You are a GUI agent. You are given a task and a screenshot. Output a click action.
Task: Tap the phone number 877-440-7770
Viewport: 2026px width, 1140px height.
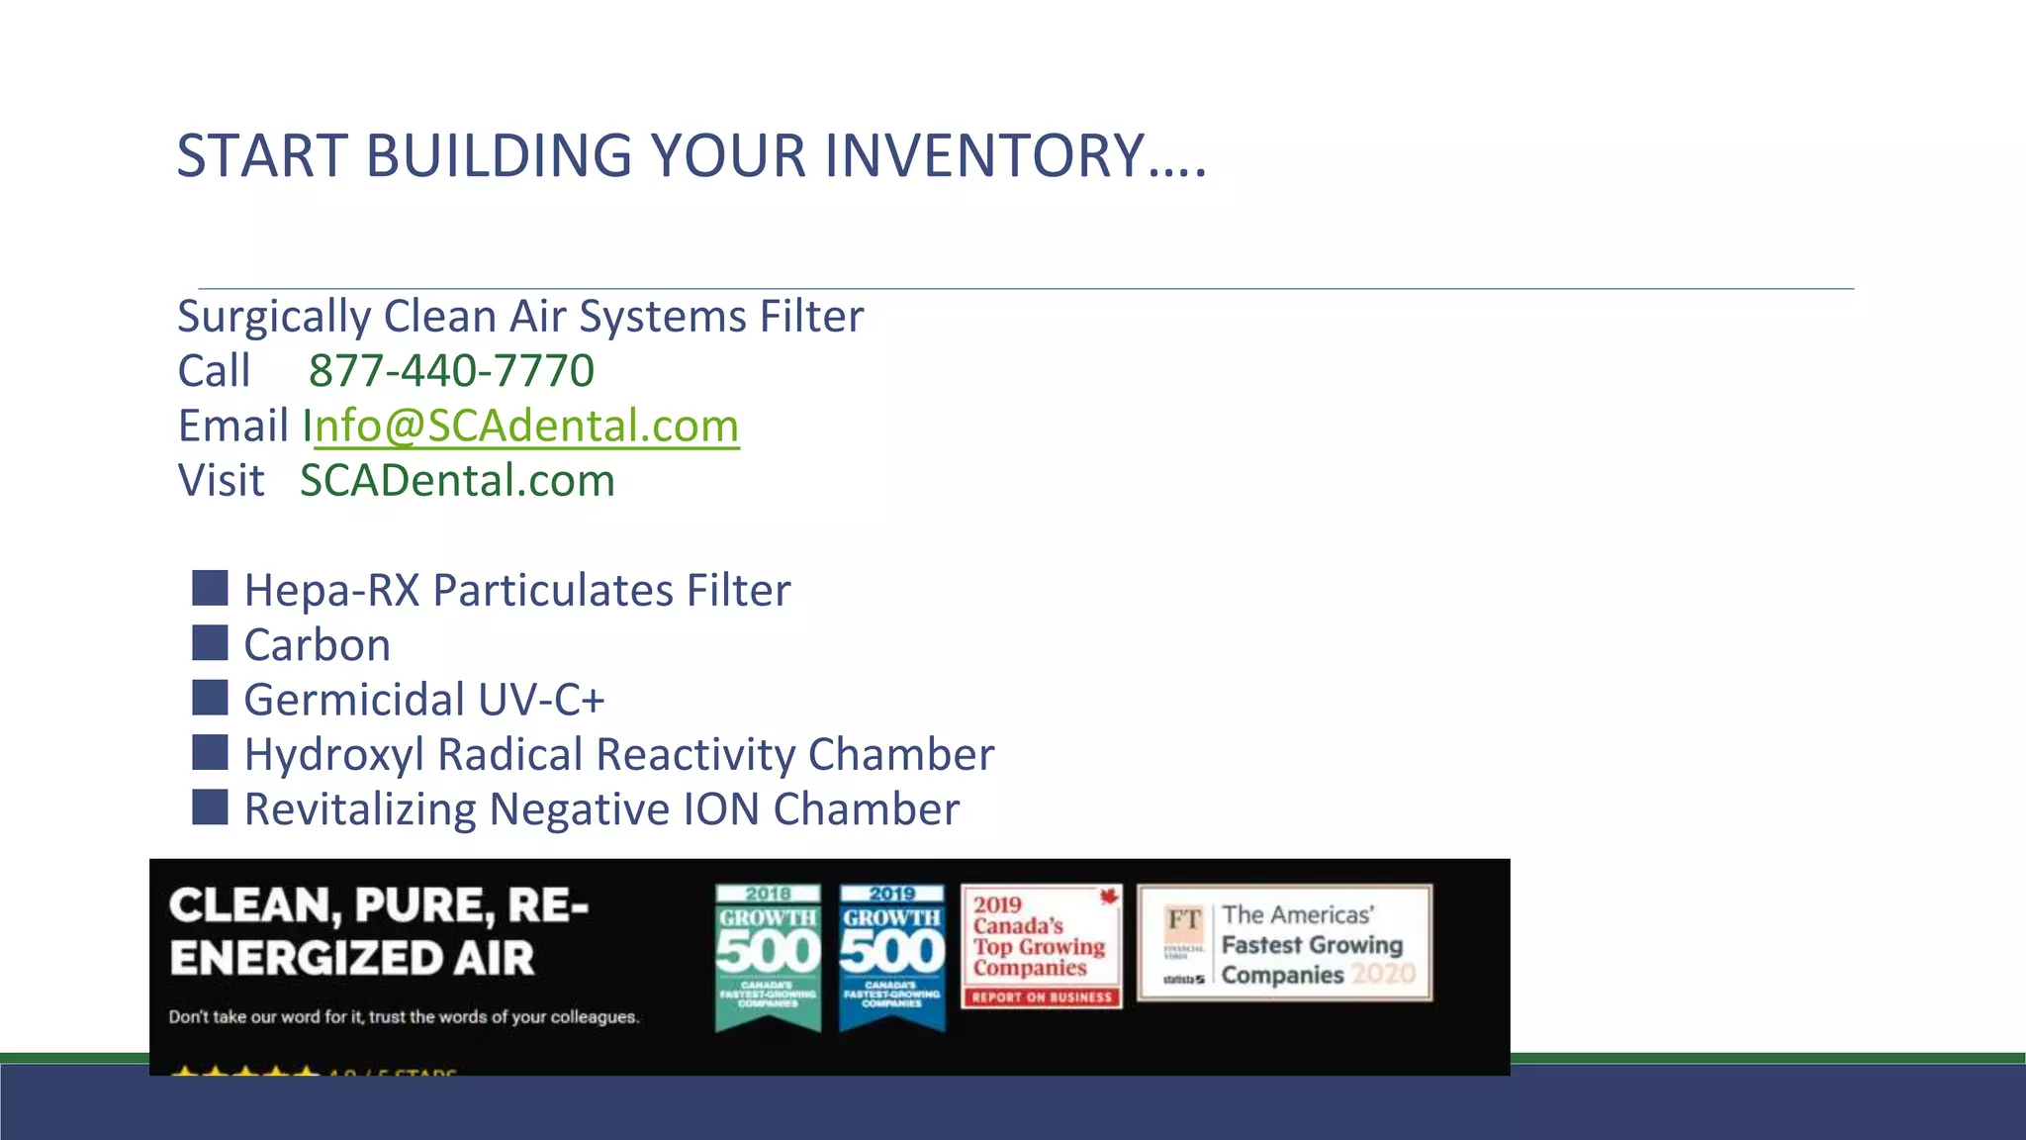[x=451, y=371]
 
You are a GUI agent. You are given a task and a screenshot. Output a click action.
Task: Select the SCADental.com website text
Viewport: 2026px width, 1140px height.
[x=457, y=481]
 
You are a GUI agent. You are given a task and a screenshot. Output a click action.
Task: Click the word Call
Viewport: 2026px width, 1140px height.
[x=214, y=371]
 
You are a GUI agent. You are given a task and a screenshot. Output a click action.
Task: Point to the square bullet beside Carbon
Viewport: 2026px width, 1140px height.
[x=210, y=643]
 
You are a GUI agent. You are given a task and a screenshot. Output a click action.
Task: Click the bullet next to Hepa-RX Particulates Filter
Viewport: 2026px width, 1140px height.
[x=210, y=588]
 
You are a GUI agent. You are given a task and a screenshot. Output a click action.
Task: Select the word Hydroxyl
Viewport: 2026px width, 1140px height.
[x=333, y=755]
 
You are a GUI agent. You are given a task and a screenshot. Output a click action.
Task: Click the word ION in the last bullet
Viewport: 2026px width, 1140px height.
[x=722, y=809]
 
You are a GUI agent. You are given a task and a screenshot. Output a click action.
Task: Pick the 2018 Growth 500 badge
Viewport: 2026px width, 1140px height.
[x=769, y=956]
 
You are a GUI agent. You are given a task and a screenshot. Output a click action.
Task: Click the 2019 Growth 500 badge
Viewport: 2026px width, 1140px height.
[x=891, y=956]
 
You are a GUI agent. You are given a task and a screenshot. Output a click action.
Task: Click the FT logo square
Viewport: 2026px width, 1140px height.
[x=1184, y=919]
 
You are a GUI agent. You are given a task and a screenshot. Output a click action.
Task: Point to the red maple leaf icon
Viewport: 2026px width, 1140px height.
[x=1109, y=897]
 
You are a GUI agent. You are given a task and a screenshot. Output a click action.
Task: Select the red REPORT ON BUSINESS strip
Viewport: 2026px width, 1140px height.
[x=1042, y=997]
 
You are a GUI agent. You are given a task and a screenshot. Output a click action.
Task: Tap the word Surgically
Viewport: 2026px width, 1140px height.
[x=274, y=317]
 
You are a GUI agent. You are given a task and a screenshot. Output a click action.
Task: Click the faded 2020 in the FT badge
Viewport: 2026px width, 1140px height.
[x=1383, y=974]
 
